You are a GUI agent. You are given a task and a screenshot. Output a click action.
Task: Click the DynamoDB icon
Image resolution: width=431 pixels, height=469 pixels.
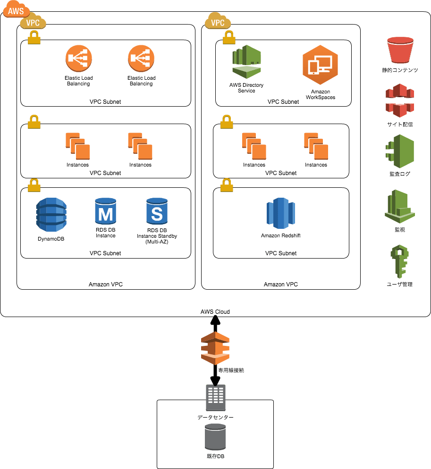point(51,215)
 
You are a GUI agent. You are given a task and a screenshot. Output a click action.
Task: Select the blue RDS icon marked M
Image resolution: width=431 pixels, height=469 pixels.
point(105,211)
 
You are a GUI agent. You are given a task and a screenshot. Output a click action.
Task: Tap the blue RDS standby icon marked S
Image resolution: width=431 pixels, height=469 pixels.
point(157,211)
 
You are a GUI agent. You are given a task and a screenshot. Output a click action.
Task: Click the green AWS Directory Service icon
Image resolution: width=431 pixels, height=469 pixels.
point(246,63)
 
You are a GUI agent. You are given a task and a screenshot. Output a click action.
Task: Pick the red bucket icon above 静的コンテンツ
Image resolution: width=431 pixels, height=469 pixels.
point(400,50)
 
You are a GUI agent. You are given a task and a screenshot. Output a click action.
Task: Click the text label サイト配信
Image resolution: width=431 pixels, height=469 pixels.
point(400,125)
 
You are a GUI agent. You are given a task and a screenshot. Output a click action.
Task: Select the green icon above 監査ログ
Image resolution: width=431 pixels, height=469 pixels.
point(400,151)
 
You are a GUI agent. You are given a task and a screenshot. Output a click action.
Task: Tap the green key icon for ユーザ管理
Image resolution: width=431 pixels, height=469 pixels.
point(399,262)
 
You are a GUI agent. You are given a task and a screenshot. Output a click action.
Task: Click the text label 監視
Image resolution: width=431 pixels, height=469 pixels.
point(400,230)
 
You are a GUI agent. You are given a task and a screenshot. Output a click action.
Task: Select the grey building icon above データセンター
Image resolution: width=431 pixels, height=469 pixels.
point(216,397)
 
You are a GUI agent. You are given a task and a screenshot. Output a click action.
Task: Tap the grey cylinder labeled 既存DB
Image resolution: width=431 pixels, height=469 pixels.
point(215,436)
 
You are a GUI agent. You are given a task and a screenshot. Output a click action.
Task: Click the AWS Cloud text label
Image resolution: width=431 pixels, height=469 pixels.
point(215,312)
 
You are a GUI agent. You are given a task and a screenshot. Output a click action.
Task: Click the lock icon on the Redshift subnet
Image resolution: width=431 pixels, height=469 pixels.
point(227,185)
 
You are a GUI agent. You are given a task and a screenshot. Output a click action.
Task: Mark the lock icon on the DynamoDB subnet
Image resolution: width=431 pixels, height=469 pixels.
point(34,185)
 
